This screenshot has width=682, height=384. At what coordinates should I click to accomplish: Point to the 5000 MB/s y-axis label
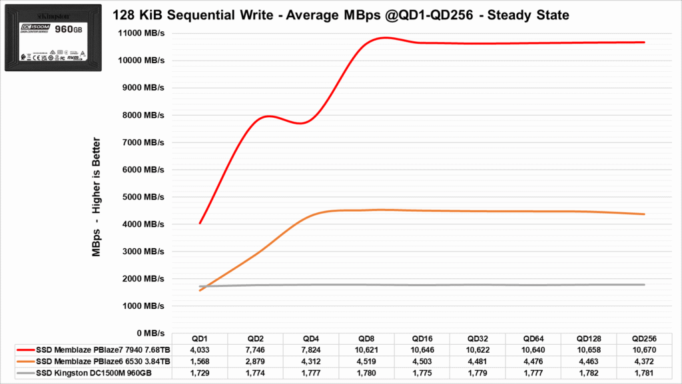coord(142,196)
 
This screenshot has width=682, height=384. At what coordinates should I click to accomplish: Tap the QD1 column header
coord(200,338)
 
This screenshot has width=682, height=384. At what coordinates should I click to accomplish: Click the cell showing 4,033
coord(200,349)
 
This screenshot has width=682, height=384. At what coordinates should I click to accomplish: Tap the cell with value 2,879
coord(257,361)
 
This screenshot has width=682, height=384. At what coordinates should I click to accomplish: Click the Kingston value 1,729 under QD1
coord(200,373)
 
